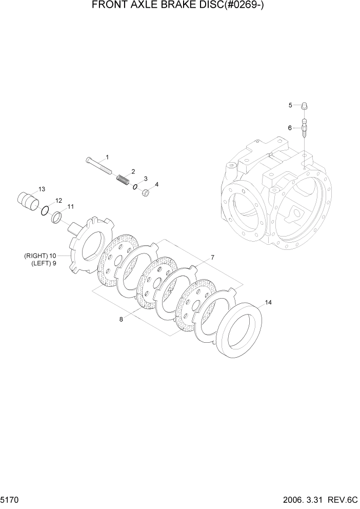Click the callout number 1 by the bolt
[x=107, y=156]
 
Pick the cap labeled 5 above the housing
[x=305, y=107]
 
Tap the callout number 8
[x=121, y=319]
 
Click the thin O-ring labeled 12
[x=45, y=210]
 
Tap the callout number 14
[x=268, y=302]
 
